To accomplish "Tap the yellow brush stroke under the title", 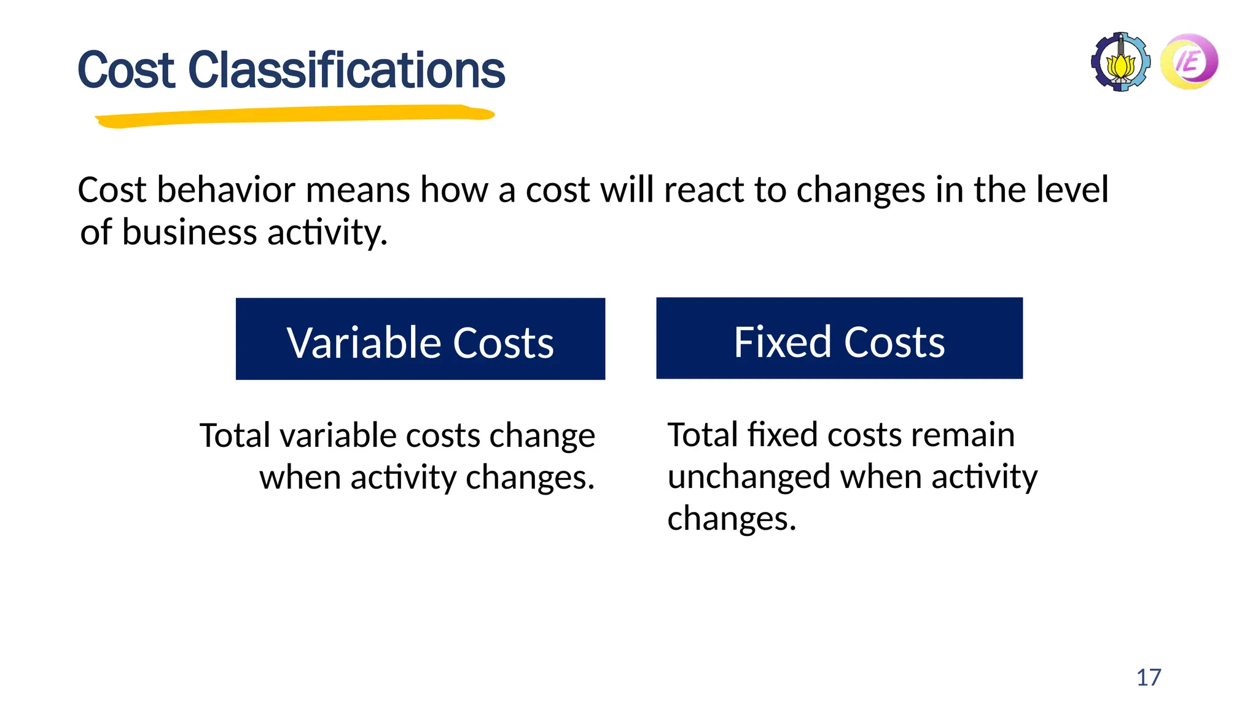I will coord(295,116).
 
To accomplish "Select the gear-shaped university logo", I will coord(1120,62).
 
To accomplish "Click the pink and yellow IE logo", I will coord(1189,61).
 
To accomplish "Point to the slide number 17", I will coord(1149,677).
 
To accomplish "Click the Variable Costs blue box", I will coord(420,339).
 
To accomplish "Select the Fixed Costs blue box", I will coord(839,338).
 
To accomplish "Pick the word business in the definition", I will coord(189,233).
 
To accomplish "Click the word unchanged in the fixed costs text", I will coord(748,477).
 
